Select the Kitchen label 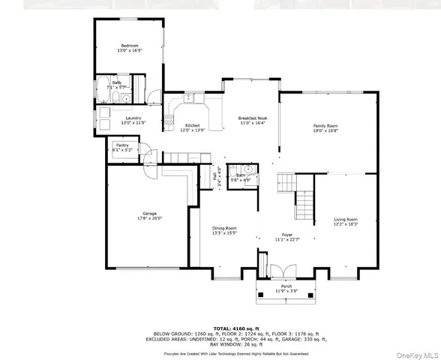click(x=192, y=126)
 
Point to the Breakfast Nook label click(x=251, y=118)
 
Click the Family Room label click(x=325, y=125)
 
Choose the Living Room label click(x=346, y=219)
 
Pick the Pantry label click(x=121, y=145)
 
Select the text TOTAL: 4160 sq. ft click(x=220, y=328)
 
